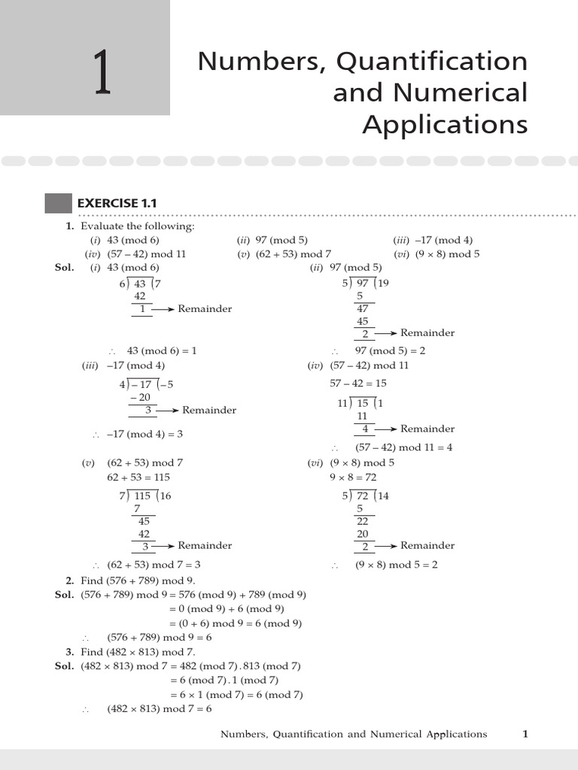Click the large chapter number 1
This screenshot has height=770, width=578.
click(x=102, y=73)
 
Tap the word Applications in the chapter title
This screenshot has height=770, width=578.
click(x=445, y=123)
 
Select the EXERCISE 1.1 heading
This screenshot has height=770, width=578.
click(x=117, y=203)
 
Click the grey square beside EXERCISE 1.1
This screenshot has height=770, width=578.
click(x=58, y=203)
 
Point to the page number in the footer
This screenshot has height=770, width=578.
click(x=525, y=734)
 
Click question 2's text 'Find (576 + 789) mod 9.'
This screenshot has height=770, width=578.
click(x=138, y=580)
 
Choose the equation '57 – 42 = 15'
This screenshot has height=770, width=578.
click(x=357, y=383)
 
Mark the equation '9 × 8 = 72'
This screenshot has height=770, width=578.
click(x=353, y=477)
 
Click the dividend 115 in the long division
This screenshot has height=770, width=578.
click(x=142, y=496)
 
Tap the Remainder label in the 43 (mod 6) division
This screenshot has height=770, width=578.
click(x=205, y=308)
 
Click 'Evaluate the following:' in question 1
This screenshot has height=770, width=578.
click(x=138, y=226)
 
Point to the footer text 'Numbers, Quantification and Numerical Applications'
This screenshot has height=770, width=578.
click(x=354, y=734)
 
